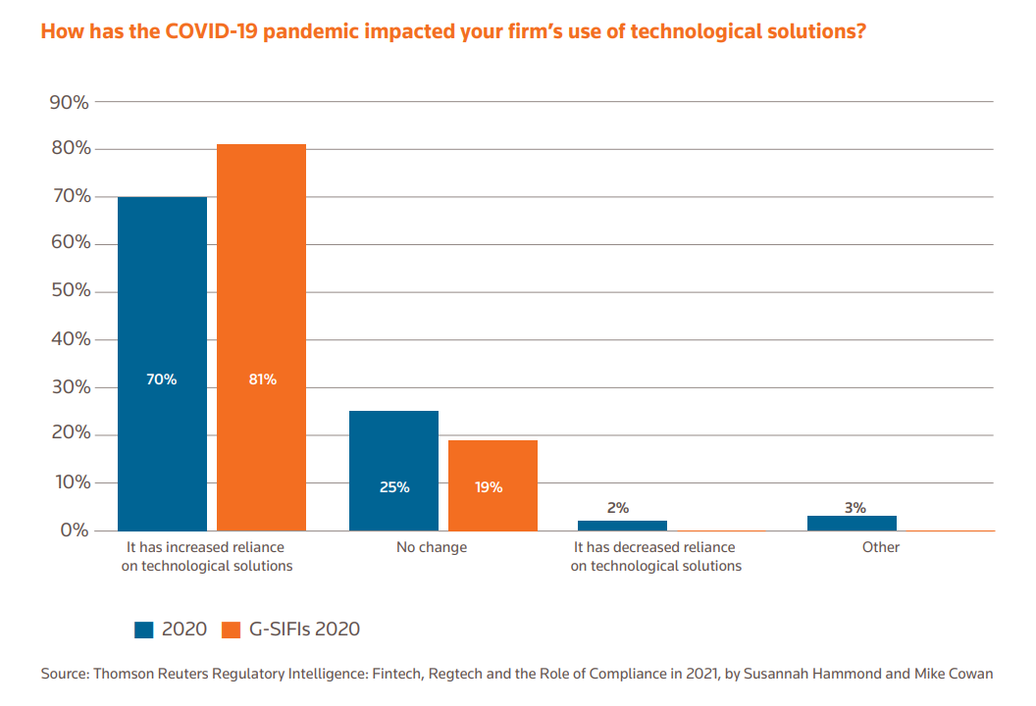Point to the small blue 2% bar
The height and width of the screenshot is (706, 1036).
(x=622, y=526)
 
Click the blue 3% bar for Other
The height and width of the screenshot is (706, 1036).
(x=852, y=523)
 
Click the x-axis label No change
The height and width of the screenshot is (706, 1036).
(x=432, y=547)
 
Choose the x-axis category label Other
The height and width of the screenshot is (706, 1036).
(x=881, y=547)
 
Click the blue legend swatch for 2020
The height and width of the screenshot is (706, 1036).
(x=145, y=630)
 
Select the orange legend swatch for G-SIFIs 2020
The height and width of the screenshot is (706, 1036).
(x=231, y=630)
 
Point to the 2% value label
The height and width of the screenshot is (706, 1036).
(x=617, y=508)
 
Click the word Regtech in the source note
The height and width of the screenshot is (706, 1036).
(x=412, y=674)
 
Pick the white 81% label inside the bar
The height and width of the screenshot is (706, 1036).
(x=262, y=379)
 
